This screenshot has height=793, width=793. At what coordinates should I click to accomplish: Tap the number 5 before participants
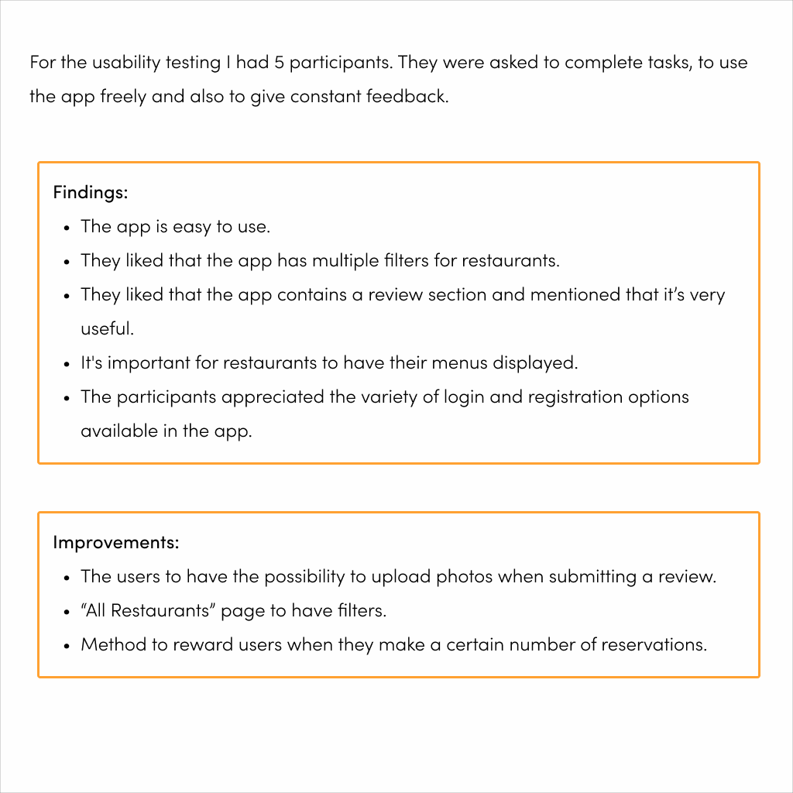coord(280,63)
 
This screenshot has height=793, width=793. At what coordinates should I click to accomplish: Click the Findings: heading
coord(90,192)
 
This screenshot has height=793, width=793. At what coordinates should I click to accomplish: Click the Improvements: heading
coord(115,542)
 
